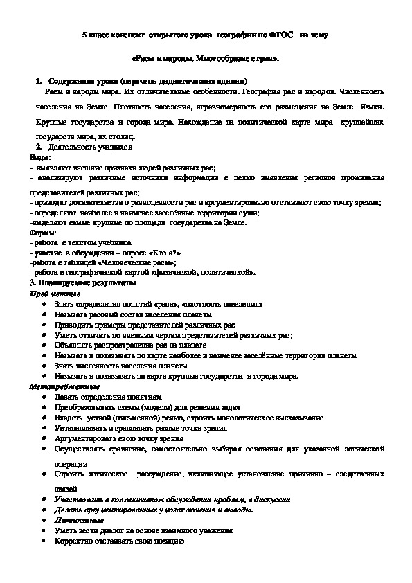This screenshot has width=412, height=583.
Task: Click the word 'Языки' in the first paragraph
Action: coord(366,107)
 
